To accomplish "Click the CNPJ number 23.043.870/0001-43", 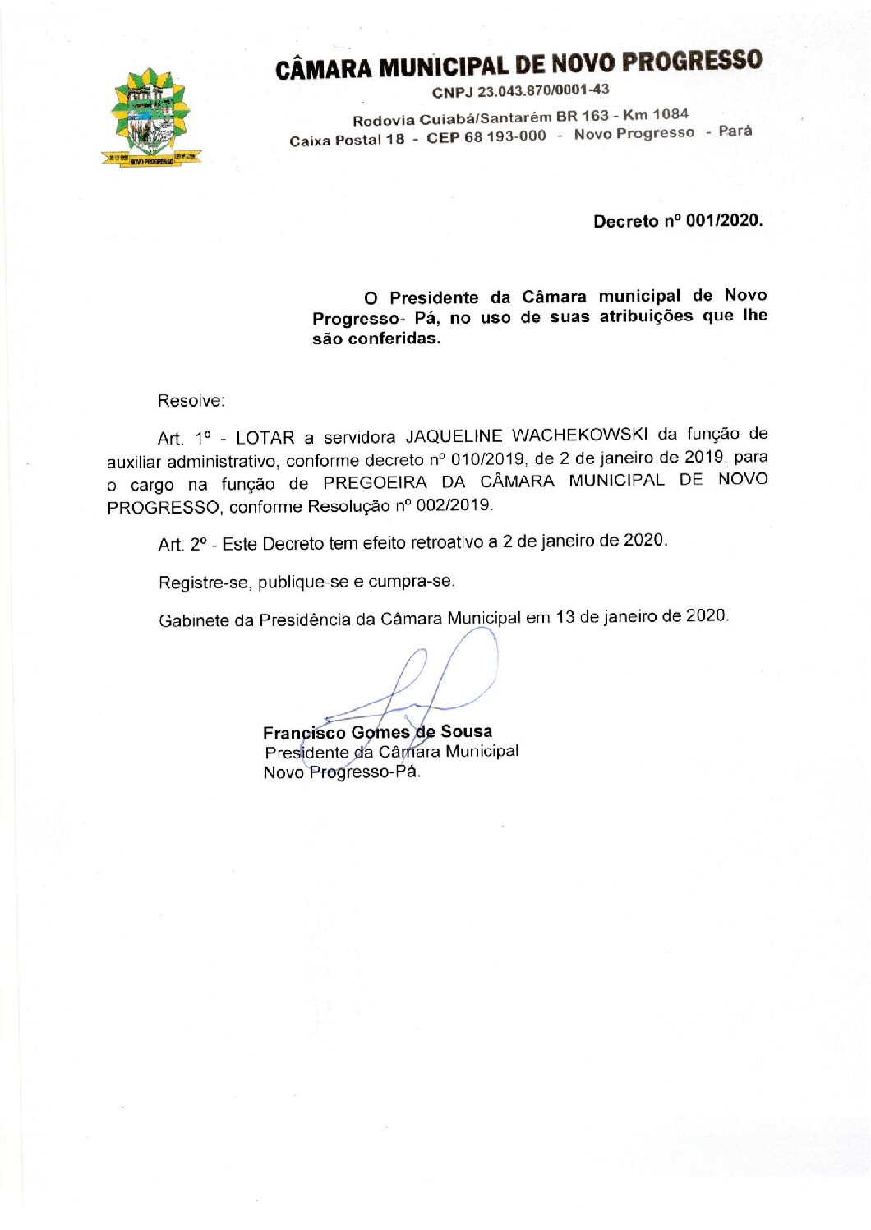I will (x=543, y=90).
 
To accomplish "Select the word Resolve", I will (x=191, y=401).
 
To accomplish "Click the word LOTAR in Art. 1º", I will (x=265, y=437).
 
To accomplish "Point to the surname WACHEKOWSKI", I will (x=579, y=435).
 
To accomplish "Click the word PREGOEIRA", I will (x=375, y=482).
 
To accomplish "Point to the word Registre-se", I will (x=204, y=583).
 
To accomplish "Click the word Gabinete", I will (x=194, y=620).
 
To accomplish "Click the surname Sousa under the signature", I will (x=466, y=731).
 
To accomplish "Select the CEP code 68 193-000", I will (x=505, y=136).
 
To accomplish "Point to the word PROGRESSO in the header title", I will (x=691, y=62).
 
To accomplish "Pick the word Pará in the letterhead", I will (x=735, y=131).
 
